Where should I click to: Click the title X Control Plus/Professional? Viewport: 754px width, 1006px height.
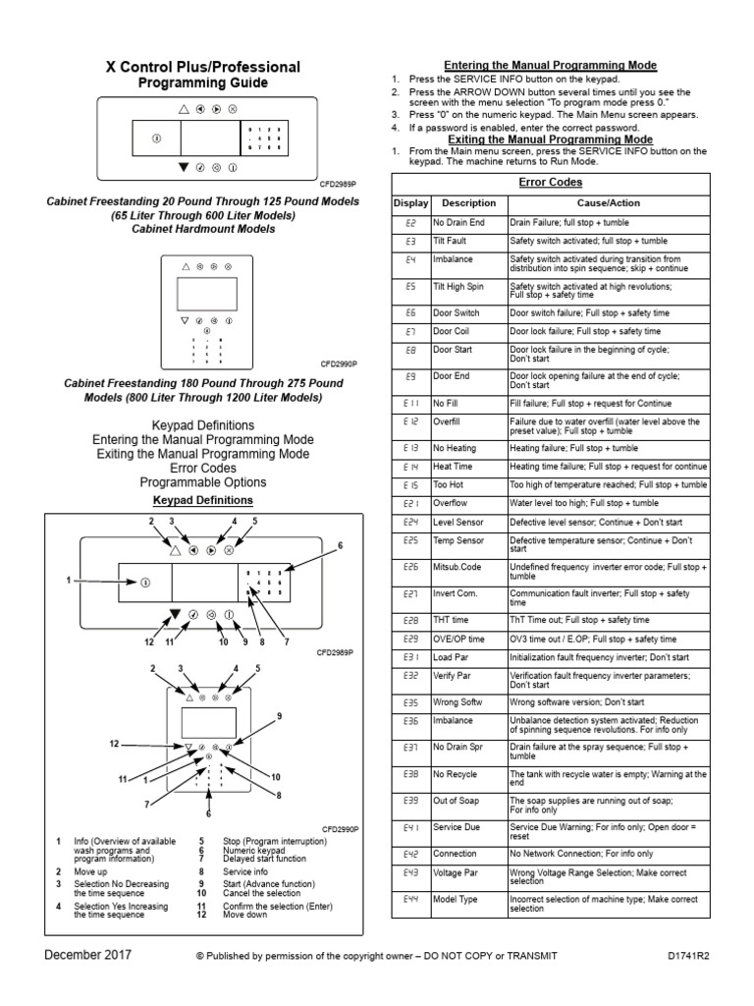203,67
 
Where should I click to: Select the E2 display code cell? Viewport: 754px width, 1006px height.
410,224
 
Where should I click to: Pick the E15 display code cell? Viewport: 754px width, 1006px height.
410,485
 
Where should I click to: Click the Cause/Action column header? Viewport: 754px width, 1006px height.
608,202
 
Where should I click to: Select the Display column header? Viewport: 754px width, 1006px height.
410,202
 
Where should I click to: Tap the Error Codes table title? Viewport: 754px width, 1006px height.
550,184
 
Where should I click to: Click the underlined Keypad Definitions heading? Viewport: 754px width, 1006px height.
203,500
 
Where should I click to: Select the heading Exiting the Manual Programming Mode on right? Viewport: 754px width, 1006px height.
550,140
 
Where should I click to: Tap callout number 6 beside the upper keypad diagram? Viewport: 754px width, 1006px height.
340,544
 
